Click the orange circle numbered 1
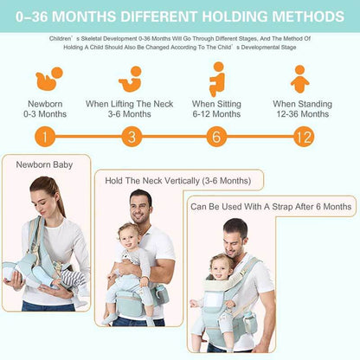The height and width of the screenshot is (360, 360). [x=45, y=137]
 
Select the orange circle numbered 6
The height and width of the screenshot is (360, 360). [x=216, y=137]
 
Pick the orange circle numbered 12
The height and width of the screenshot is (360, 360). [x=303, y=137]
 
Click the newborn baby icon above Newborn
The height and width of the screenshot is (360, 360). [x=48, y=80]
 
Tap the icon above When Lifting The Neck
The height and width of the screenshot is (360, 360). [x=131, y=80]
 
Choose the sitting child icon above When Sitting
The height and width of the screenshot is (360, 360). [x=216, y=80]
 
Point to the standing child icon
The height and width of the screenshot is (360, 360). [x=300, y=80]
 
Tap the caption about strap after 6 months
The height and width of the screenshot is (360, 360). [x=270, y=207]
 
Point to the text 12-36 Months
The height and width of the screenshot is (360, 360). [x=300, y=113]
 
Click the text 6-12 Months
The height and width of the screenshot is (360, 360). [x=216, y=113]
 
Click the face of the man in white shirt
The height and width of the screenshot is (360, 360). [x=140, y=208]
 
